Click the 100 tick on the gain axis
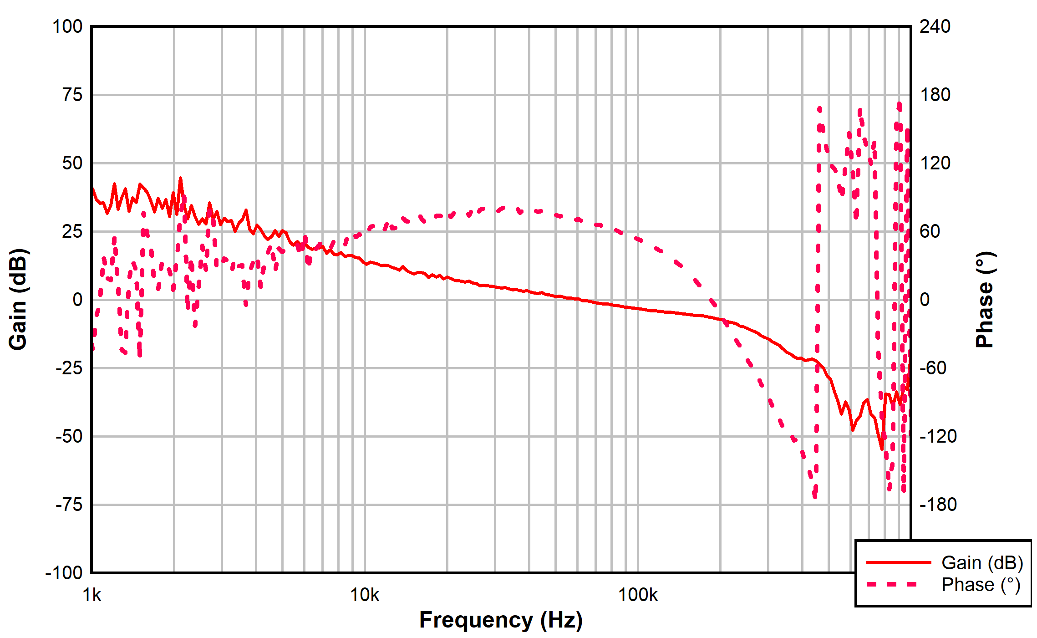click(x=67, y=27)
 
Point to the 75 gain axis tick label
click(x=72, y=95)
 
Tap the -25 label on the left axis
click(x=69, y=368)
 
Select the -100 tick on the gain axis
click(x=64, y=572)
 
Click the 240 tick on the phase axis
click(x=935, y=27)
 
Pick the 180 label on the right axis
click(x=935, y=95)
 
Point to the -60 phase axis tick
click(x=933, y=368)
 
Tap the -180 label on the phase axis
click(x=938, y=505)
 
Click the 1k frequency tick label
click(x=92, y=595)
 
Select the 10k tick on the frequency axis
click(x=364, y=595)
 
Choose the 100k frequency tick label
click(x=637, y=595)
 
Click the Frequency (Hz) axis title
click(x=501, y=620)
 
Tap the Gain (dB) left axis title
click(x=18, y=300)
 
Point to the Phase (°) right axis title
click(x=985, y=300)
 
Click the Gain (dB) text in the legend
click(x=982, y=563)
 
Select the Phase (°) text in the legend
click(x=981, y=585)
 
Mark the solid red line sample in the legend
click(x=898, y=563)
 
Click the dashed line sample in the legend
click(x=892, y=584)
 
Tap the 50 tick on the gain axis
click(x=72, y=163)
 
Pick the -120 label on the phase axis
click(x=938, y=436)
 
